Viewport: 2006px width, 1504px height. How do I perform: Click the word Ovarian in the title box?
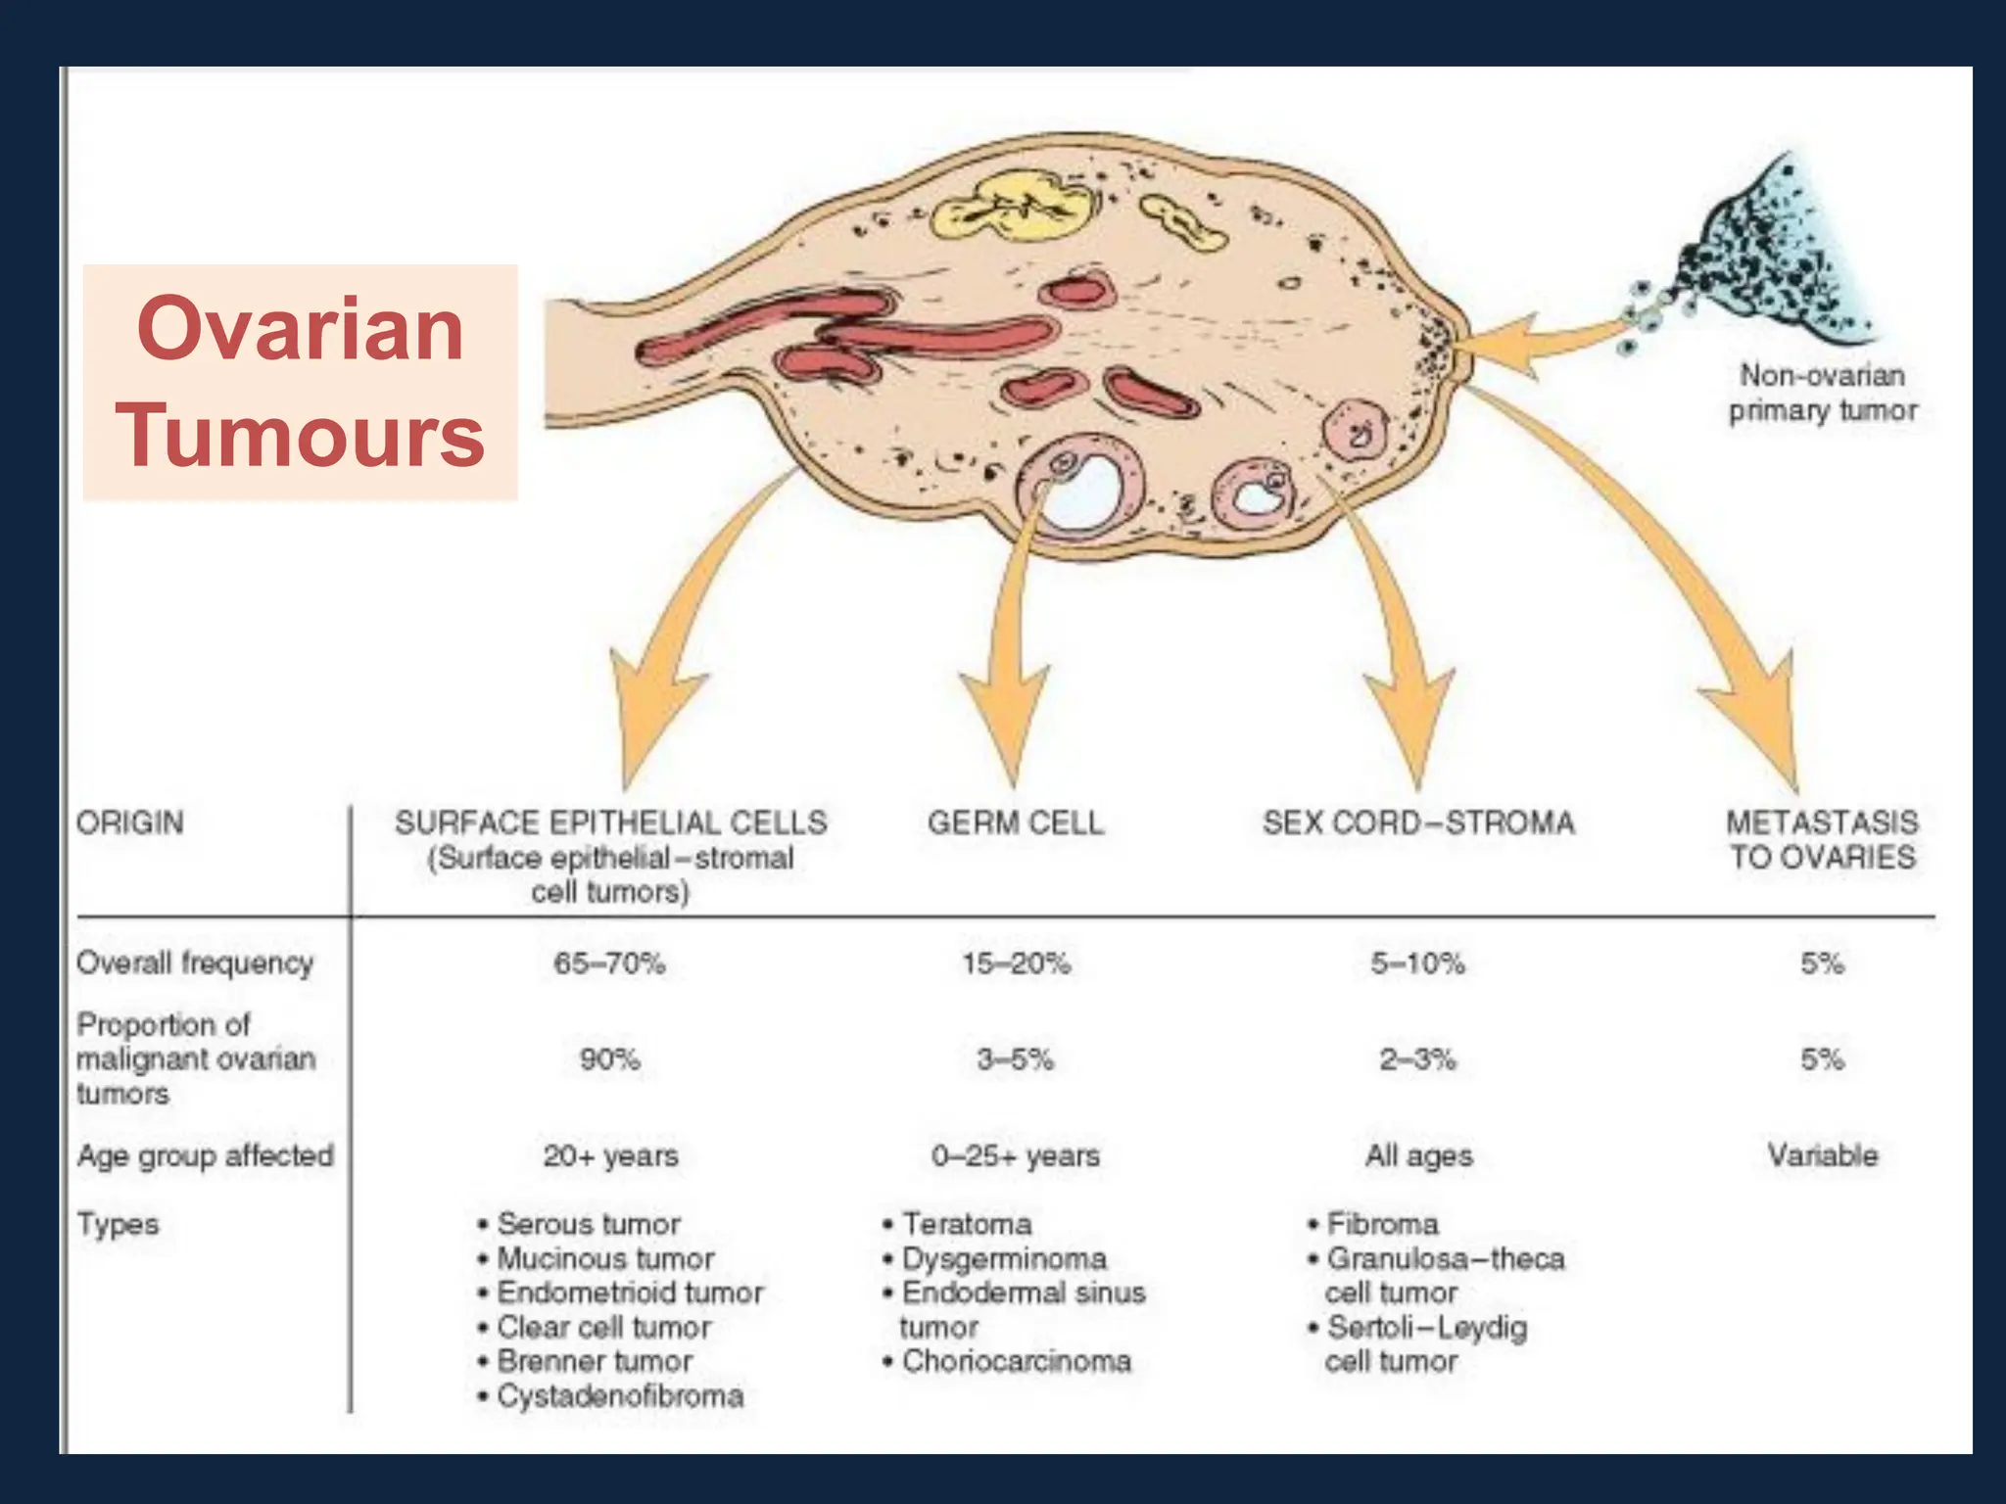coord(300,329)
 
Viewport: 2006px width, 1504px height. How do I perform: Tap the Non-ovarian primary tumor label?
coord(1822,393)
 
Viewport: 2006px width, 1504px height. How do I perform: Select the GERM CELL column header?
coord(1016,822)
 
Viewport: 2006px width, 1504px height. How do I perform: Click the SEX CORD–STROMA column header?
coord(1418,822)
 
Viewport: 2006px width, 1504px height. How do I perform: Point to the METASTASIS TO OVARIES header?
coord(1822,839)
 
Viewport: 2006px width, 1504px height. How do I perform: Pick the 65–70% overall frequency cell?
coord(609,963)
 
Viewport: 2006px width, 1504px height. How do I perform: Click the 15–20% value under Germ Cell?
coord(1016,963)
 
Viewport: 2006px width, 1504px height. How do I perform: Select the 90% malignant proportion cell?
coord(609,1059)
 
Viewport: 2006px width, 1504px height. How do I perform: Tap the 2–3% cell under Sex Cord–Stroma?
coord(1417,1059)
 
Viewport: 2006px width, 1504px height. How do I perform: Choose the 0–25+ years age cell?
coord(1016,1156)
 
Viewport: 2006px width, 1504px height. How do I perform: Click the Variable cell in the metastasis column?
coord(1822,1155)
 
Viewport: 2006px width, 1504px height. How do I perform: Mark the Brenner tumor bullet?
coord(594,1361)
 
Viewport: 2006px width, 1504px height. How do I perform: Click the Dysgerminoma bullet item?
coord(1003,1258)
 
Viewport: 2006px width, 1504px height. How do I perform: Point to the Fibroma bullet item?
coord(1381,1224)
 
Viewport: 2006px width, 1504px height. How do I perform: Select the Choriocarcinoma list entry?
coord(1016,1361)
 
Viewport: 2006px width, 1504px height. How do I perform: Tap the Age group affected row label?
coord(205,1156)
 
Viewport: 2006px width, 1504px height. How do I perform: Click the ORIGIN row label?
coord(129,822)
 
